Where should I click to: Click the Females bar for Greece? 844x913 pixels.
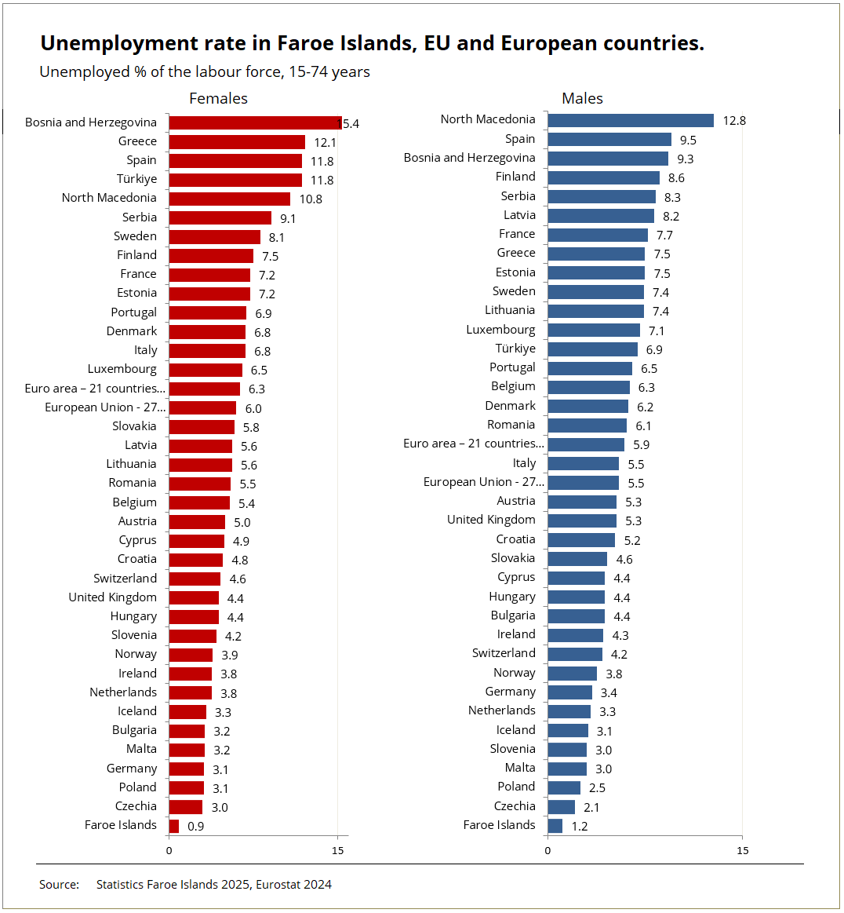[x=237, y=142]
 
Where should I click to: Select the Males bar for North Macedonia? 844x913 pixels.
[x=631, y=120]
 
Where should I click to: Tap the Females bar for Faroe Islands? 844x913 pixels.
[x=173, y=826]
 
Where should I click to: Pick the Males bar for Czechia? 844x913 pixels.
[x=561, y=807]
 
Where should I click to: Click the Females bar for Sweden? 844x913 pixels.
[x=214, y=237]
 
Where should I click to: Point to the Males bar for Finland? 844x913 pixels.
[x=603, y=177]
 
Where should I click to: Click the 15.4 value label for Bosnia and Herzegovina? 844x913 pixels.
[x=349, y=124]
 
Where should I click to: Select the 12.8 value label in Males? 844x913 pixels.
[x=734, y=121]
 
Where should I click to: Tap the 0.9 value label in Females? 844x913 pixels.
[x=195, y=827]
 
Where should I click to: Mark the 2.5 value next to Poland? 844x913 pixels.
[x=597, y=788]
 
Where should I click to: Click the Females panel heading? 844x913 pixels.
[x=218, y=98]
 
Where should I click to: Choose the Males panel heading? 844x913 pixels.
[x=582, y=98]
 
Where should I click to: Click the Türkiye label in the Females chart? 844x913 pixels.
[x=136, y=179]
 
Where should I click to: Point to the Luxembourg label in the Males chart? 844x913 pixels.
[x=500, y=330]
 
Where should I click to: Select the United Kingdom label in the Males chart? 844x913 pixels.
[x=491, y=520]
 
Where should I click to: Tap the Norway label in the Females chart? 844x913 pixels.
[x=136, y=654]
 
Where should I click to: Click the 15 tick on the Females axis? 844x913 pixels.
[x=337, y=851]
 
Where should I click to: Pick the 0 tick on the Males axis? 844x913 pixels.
[x=548, y=851]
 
